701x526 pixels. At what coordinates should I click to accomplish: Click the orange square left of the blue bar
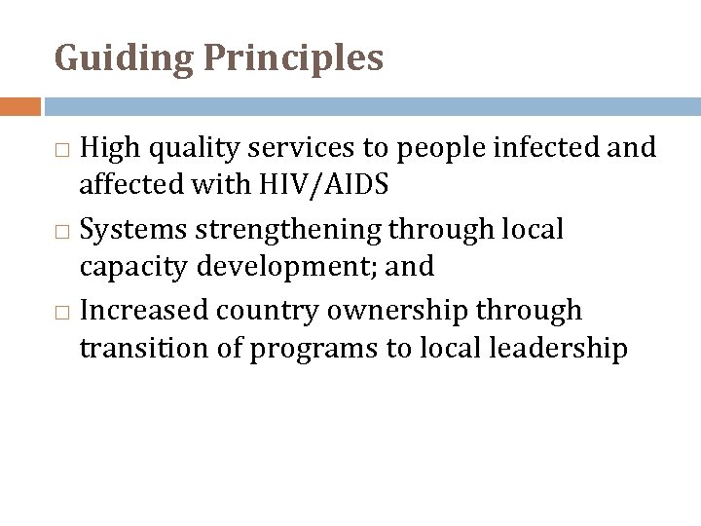pyautogui.click(x=20, y=106)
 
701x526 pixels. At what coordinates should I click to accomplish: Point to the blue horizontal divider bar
pyautogui.click(x=371, y=106)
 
